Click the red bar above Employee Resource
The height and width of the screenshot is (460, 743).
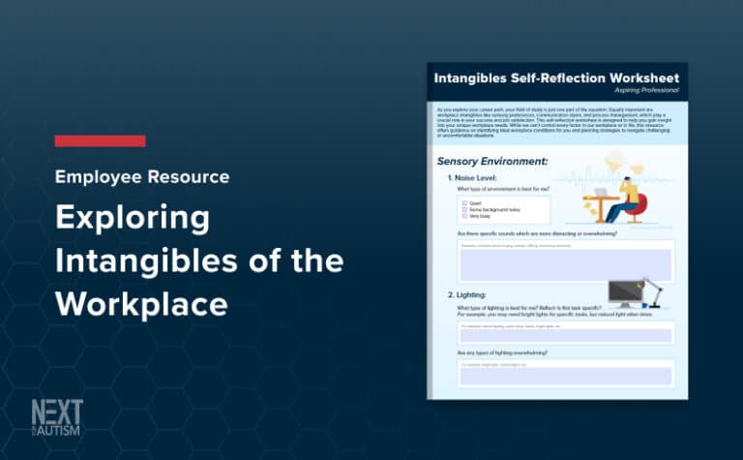click(x=100, y=141)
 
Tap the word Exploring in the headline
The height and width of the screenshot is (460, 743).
click(x=132, y=218)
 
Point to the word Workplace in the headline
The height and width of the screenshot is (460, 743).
click(x=141, y=303)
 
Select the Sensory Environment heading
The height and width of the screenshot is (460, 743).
click(x=492, y=161)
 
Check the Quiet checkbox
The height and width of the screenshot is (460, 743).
click(x=465, y=203)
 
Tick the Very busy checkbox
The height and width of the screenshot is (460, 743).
click(x=465, y=215)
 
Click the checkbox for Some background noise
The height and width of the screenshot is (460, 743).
click(x=465, y=209)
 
